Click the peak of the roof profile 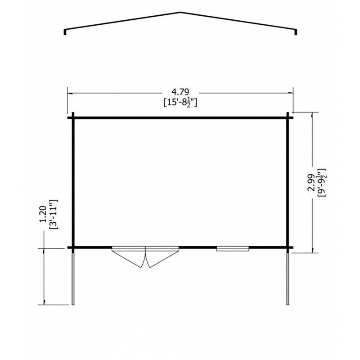pos(180,13)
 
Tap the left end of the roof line pos(65,32)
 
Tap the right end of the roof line pos(296,32)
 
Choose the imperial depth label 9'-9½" pos(321,182)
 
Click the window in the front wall pos(233,248)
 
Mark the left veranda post pos(73,277)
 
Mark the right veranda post pos(287,277)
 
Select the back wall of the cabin pos(180,118)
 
